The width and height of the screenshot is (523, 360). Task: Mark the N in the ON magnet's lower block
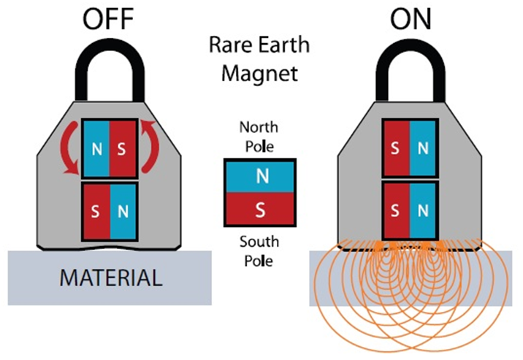[423, 212]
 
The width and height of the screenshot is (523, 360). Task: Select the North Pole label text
[259, 137]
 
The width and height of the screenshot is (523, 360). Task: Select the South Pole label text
[259, 250]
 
